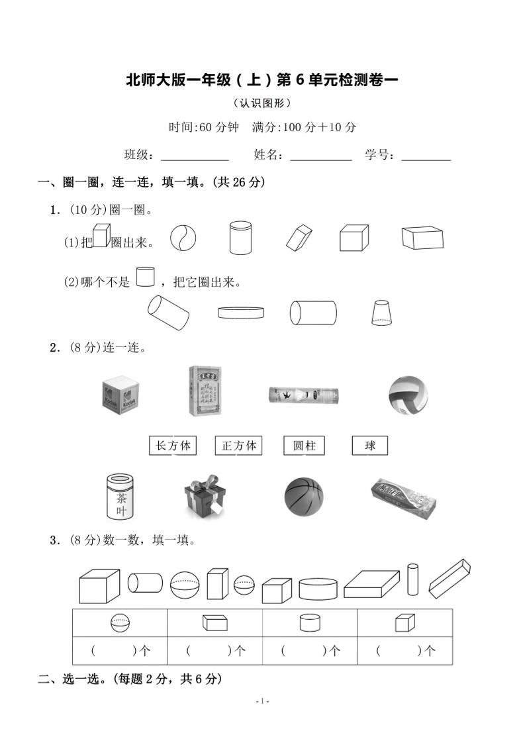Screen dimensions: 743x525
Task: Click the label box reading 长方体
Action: coord(173,446)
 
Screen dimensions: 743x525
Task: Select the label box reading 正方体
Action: coord(238,446)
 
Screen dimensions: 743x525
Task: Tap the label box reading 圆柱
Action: coord(304,446)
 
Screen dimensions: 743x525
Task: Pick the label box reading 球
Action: coord(369,446)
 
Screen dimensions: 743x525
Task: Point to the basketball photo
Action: coord(304,497)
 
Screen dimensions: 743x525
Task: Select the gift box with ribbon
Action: coord(204,497)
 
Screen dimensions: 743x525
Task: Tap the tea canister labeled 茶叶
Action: coord(121,496)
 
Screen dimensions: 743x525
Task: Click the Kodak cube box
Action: coord(121,396)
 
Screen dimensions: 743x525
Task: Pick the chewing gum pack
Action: coord(403,497)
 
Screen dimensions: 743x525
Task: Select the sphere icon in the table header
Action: coord(120,622)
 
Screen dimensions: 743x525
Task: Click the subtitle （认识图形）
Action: coord(262,103)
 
